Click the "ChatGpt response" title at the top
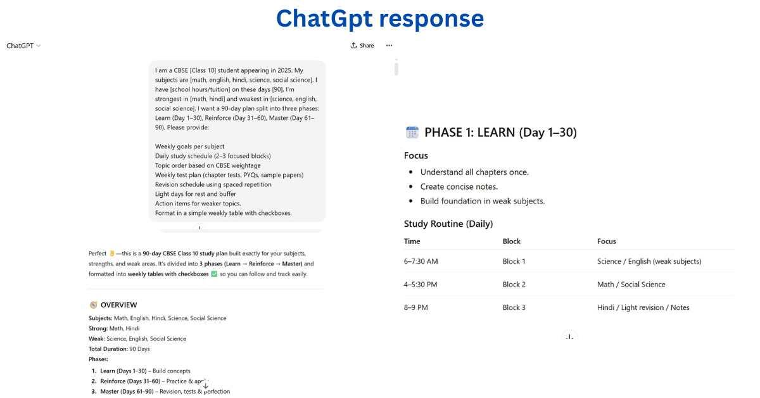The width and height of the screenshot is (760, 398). point(380,18)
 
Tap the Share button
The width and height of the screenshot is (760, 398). point(362,46)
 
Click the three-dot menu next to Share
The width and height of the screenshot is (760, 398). point(389,46)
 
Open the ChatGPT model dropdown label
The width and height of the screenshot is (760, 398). point(23,46)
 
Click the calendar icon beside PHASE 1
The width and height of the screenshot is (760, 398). point(412,132)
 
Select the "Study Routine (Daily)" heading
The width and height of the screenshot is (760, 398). point(448,224)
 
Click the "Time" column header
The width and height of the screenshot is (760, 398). point(412,241)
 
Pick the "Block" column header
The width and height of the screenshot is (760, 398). point(511,241)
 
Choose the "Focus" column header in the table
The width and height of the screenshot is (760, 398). point(606,241)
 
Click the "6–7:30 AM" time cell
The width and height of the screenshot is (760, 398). point(421,261)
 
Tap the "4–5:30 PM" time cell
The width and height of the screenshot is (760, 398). point(421,285)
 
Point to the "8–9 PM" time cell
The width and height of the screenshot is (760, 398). point(415,307)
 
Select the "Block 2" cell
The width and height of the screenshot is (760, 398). point(514,285)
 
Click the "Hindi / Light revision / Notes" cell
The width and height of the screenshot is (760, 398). point(643,307)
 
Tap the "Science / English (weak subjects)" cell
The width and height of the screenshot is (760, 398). point(649,261)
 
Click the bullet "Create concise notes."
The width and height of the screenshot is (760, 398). point(459,186)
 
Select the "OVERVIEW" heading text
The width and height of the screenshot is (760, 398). point(118,305)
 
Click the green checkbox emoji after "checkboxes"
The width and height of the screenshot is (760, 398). point(213,274)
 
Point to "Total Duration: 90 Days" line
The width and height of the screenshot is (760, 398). point(119,349)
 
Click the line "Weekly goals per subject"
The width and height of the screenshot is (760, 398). point(189,146)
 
